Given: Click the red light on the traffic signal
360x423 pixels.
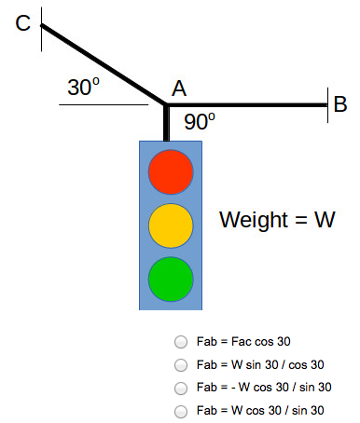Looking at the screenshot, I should tap(171, 171).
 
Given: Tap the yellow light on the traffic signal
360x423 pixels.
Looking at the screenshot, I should tap(171, 225).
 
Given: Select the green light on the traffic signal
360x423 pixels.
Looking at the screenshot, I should tap(171, 278).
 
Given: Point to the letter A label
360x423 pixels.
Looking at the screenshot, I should tap(179, 89).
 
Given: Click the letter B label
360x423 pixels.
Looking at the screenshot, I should tap(340, 103).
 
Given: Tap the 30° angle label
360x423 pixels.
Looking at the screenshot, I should tap(84, 89).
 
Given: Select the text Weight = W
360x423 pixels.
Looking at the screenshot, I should tap(277, 221).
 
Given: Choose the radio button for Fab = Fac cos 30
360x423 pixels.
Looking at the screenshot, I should tap(182, 342).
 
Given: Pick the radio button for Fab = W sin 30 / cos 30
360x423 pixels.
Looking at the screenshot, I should tap(182, 364).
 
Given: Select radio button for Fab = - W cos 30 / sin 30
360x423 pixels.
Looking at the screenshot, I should tap(182, 387).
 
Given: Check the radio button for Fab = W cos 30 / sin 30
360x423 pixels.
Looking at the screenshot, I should tap(182, 410).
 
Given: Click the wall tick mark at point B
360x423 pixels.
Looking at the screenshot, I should tap(326, 103).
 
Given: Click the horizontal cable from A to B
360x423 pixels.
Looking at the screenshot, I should tap(247, 104).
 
